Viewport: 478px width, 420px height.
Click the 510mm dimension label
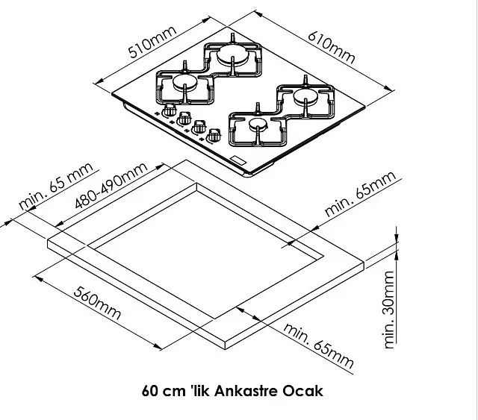click(152, 42)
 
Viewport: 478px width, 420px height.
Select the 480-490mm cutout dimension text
click(111, 185)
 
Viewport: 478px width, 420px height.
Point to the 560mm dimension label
click(97, 303)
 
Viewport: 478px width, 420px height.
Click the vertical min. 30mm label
click(389, 310)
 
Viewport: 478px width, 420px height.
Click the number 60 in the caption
click(150, 391)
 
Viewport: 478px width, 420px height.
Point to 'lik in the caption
click(200, 391)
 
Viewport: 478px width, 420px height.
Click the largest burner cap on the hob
click(232, 54)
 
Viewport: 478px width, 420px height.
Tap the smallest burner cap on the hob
click(258, 124)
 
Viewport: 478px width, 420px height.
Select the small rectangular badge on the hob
click(238, 160)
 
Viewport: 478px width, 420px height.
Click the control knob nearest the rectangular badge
click(214, 136)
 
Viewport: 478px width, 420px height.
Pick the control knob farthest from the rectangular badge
click(170, 110)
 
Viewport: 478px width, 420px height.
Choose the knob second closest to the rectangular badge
click(199, 127)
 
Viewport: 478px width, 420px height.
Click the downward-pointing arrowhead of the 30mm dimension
click(397, 237)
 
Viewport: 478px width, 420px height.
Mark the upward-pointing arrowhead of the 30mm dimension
click(397, 256)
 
